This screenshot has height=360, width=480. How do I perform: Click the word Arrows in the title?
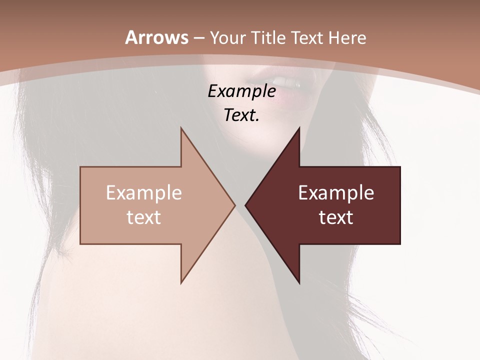pyautogui.click(x=157, y=37)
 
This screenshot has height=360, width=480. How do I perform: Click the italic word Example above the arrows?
pyautogui.click(x=242, y=91)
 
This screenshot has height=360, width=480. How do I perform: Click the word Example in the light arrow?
pyautogui.click(x=144, y=193)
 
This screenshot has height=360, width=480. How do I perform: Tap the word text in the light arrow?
pyautogui.click(x=144, y=217)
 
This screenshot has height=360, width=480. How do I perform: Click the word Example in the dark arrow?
pyautogui.click(x=336, y=193)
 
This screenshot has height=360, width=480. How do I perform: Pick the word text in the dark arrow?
pyautogui.click(x=336, y=217)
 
